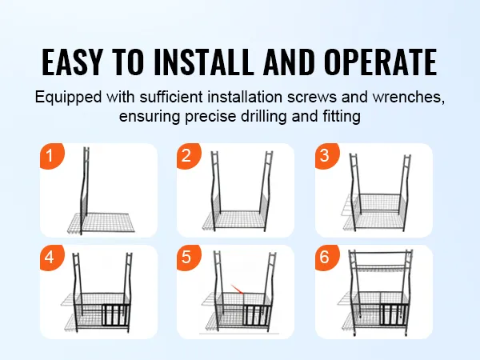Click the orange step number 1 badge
pos(51,155)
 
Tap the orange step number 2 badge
pos(188,155)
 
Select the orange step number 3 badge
pos(326,155)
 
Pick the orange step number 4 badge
pos(51,257)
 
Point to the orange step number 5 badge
pos(188,257)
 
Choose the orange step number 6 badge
pos(326,257)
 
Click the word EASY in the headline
pos(72,62)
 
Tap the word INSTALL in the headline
pos(204,62)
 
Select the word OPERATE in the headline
pos(381,62)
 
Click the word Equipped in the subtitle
pos(68,98)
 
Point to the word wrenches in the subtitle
pos(408,97)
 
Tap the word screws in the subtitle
pos(312,98)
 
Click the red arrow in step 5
pos(238,290)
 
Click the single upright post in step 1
pos(85,190)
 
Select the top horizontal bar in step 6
pos(381,253)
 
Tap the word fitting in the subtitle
pos(342,117)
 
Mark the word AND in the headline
pos(289,62)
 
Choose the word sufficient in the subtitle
pos(171,97)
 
